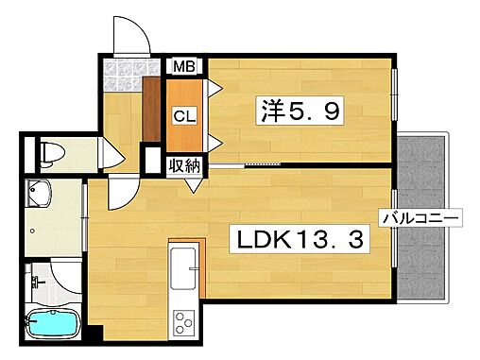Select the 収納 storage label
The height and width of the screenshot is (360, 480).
(x=183, y=166)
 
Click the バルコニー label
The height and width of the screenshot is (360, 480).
(x=421, y=219)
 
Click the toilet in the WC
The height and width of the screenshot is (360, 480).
(x=52, y=151)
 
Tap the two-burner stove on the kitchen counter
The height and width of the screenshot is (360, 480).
(x=182, y=321)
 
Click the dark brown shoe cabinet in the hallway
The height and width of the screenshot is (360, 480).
(x=150, y=108)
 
